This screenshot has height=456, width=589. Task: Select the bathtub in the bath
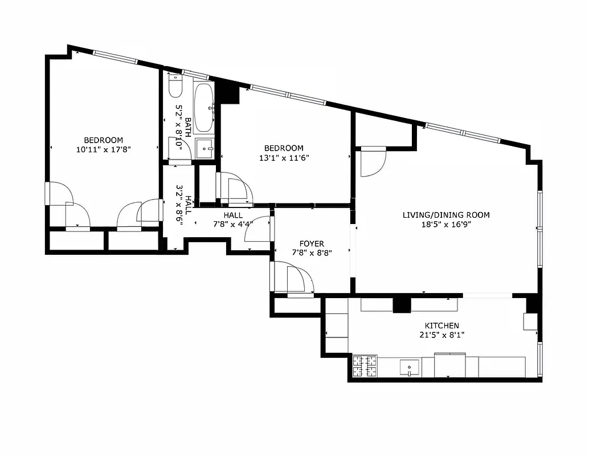(x=204, y=107)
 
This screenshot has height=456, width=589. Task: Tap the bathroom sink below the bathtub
(x=204, y=149)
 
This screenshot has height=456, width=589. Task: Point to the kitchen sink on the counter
(x=409, y=367)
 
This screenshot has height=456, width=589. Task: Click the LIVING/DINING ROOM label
(x=446, y=215)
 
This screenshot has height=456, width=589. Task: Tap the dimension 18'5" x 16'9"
(x=446, y=225)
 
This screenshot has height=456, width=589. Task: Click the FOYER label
(x=312, y=244)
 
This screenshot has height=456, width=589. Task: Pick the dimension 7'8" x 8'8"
(x=312, y=253)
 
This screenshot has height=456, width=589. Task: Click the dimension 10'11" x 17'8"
(x=103, y=150)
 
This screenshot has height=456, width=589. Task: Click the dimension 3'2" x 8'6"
(x=180, y=204)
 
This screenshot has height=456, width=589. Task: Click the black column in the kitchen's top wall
(x=402, y=305)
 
